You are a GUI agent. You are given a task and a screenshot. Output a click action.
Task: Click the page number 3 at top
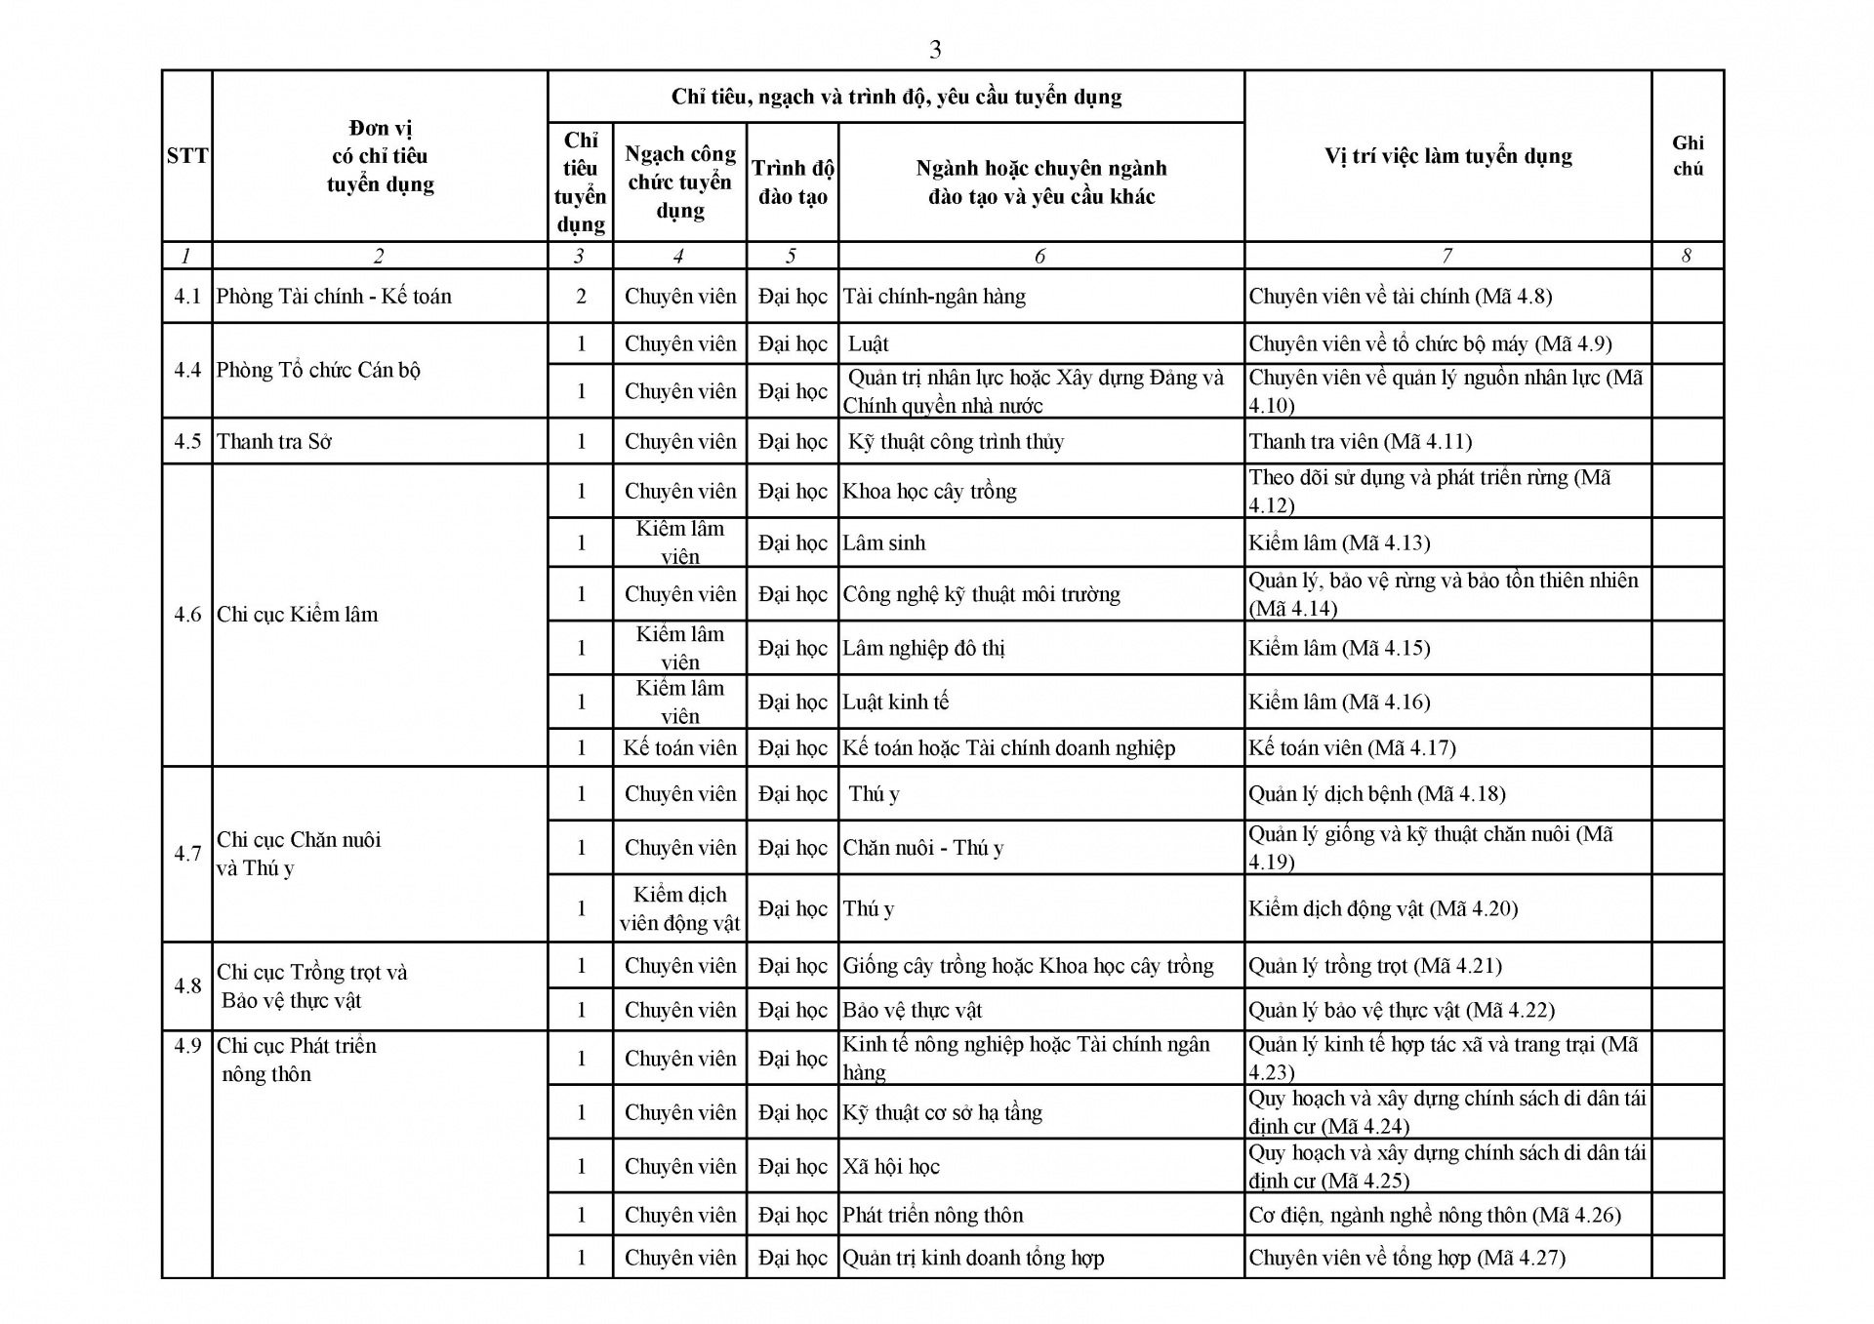point(935,50)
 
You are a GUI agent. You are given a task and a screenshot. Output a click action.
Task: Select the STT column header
point(186,156)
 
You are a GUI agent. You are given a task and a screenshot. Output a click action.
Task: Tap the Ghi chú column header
point(1688,156)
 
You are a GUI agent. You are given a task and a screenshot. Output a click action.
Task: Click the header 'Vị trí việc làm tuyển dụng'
point(1447,156)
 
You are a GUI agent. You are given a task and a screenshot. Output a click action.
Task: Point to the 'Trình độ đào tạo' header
point(793,182)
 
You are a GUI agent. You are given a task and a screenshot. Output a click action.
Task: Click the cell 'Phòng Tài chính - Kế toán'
point(334,297)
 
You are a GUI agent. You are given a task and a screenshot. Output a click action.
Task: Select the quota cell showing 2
point(581,297)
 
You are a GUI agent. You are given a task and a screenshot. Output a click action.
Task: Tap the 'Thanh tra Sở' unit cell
point(274,442)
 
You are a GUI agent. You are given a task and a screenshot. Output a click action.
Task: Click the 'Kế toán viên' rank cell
point(679,748)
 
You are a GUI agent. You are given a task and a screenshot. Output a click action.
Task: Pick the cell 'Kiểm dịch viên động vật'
point(679,908)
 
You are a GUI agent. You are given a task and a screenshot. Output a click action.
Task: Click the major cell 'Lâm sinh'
point(884,543)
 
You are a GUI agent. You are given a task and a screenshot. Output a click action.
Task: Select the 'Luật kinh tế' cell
point(896,702)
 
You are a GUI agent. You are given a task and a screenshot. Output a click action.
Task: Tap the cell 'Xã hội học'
point(891,1167)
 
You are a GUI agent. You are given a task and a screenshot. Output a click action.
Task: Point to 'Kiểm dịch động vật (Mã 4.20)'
point(1383,909)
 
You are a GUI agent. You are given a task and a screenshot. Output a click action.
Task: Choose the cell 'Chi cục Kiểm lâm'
point(297,615)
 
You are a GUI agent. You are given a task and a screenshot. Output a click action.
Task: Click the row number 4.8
point(187,986)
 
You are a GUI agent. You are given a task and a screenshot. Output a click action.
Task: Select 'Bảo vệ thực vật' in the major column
point(913,1011)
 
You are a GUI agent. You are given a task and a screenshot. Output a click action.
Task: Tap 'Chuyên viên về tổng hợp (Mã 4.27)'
point(1406,1259)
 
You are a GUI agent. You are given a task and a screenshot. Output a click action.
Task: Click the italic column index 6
point(1039,256)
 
